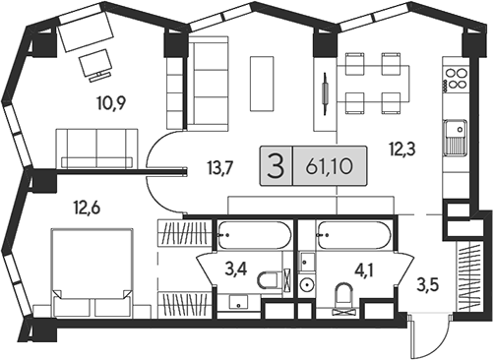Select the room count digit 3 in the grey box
pyautogui.click(x=277, y=166)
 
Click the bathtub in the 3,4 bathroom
pyautogui.click(x=253, y=236)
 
